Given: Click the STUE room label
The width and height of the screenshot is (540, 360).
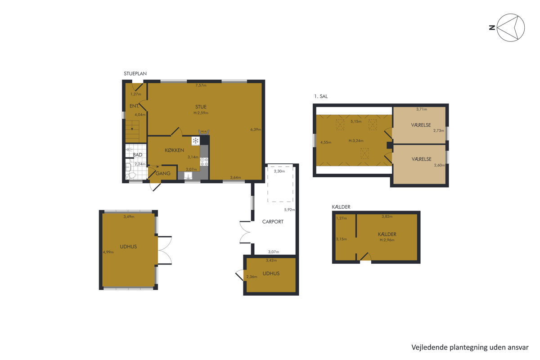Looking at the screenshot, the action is (x=201, y=107).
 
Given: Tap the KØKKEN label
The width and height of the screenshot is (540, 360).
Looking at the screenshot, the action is (x=174, y=150).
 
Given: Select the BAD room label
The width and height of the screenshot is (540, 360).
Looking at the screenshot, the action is (x=137, y=155).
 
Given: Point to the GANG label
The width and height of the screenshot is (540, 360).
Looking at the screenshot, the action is (x=163, y=173).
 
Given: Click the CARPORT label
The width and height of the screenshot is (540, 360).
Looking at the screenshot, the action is (x=273, y=221).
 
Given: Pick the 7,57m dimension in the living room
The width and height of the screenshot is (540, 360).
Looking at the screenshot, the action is (x=201, y=85).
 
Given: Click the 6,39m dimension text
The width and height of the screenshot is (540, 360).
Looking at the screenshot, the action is (x=256, y=130).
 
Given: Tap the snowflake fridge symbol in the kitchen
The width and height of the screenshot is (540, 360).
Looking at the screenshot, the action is (x=195, y=141).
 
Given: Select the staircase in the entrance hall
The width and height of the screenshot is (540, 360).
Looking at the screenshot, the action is (x=132, y=131).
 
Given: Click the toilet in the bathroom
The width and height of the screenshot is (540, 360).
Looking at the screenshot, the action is (x=130, y=175).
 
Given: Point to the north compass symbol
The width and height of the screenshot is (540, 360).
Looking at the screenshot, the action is (x=510, y=27).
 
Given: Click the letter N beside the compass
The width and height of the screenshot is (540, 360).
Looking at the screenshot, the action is (x=492, y=28).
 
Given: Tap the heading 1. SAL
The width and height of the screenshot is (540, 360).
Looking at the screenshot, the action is (x=321, y=96).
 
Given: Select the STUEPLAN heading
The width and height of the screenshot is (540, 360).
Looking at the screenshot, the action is (x=135, y=73).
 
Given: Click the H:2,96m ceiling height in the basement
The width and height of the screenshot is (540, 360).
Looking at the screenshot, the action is (x=387, y=240).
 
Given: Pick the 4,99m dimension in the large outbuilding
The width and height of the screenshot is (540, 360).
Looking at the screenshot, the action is (x=108, y=252).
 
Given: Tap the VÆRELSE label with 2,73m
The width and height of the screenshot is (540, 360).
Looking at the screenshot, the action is (x=421, y=125).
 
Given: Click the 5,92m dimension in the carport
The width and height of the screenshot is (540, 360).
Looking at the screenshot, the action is (x=289, y=210).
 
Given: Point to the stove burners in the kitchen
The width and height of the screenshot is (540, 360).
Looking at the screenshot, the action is (x=204, y=162).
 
